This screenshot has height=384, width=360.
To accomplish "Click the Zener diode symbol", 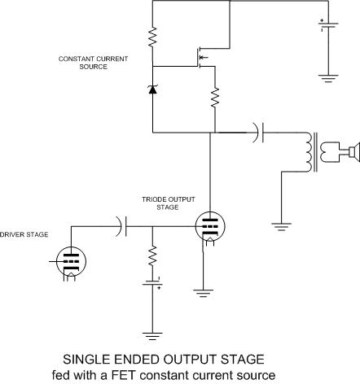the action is [x=152, y=89].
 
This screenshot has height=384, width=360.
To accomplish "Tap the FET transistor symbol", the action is [x=201, y=58].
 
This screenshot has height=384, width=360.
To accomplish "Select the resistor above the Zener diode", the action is [x=152, y=37].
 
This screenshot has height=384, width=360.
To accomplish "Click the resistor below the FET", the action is [x=215, y=97].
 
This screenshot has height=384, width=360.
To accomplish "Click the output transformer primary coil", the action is [x=309, y=152].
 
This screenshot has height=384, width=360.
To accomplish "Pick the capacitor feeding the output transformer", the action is [x=258, y=133].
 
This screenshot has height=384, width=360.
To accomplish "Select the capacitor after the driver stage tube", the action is [x=121, y=226].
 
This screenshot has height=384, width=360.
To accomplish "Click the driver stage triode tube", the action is [x=71, y=261].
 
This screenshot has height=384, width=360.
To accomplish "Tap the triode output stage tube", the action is [x=210, y=226].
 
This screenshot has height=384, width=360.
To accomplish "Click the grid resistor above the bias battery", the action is [x=152, y=255].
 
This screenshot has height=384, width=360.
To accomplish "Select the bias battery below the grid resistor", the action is [x=152, y=283].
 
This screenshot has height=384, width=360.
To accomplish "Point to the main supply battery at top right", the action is [x=328, y=25].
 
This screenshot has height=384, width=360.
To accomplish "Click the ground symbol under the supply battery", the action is [x=328, y=78].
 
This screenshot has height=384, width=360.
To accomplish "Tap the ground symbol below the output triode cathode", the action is [x=203, y=294].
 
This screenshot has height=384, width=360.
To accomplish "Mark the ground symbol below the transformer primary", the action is [x=281, y=227].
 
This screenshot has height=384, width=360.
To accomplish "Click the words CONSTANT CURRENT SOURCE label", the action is [x=93, y=63].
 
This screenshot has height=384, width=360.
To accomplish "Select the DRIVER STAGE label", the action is [x=24, y=234].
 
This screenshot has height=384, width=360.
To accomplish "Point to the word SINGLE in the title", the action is [x=86, y=360].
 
